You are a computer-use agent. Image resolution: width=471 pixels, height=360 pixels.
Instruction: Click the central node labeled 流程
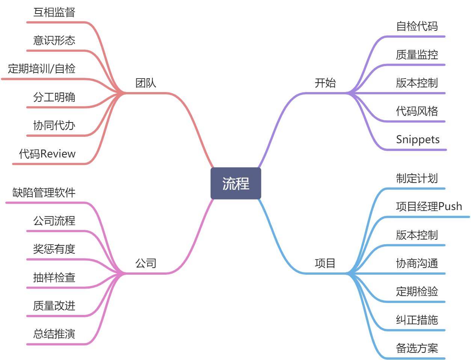(235, 183)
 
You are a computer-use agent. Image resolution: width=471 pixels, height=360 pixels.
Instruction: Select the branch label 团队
(146, 83)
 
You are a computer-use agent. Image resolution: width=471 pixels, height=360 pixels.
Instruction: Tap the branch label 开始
(325, 83)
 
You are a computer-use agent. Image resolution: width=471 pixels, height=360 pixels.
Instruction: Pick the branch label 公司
(146, 263)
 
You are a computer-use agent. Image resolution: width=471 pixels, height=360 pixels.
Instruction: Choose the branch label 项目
(325, 263)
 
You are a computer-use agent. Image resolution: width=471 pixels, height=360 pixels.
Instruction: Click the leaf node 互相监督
(54, 12)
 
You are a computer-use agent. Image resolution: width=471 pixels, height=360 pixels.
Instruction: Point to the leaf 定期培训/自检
(42, 69)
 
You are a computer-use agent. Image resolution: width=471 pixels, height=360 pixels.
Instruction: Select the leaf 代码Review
(47, 154)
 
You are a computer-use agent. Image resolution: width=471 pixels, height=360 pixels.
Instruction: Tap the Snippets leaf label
(418, 139)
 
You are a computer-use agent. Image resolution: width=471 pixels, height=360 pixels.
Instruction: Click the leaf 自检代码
(417, 26)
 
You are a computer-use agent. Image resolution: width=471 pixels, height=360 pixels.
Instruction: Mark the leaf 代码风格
(417, 111)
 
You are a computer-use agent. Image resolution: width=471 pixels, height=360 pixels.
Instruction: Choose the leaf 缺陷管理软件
(44, 193)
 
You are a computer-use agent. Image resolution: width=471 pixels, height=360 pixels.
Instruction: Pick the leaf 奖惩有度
(54, 249)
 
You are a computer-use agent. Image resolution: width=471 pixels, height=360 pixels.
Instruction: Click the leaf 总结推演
(54, 334)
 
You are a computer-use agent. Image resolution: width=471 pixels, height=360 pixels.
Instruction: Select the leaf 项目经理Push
(429, 206)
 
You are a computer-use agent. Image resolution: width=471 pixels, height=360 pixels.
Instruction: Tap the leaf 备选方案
(417, 348)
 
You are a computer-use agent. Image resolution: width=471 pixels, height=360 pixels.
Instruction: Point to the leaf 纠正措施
(417, 320)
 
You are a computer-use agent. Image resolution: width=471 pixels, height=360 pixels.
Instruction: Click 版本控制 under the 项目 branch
(417, 235)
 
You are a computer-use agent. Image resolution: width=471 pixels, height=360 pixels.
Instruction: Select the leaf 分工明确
(54, 97)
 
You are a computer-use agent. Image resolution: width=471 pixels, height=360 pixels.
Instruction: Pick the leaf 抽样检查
(54, 278)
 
